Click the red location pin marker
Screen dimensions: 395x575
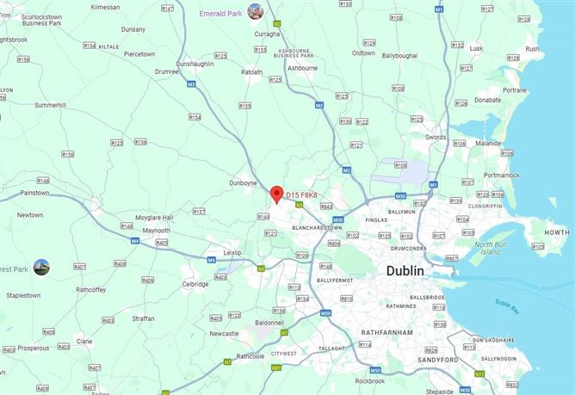276,194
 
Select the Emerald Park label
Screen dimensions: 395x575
220,13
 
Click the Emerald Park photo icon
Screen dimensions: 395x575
255,11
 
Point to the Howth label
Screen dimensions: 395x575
557,232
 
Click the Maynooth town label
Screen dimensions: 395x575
156,231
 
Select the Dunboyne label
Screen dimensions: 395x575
244,182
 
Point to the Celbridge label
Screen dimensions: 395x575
195,284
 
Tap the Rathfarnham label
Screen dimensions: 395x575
388,332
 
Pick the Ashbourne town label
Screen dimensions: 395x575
302,67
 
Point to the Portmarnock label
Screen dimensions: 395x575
501,175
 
